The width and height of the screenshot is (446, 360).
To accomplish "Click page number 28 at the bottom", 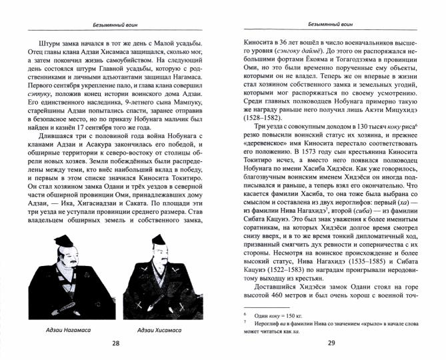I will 116,343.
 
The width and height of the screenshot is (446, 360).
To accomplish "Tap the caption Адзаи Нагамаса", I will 65,329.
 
